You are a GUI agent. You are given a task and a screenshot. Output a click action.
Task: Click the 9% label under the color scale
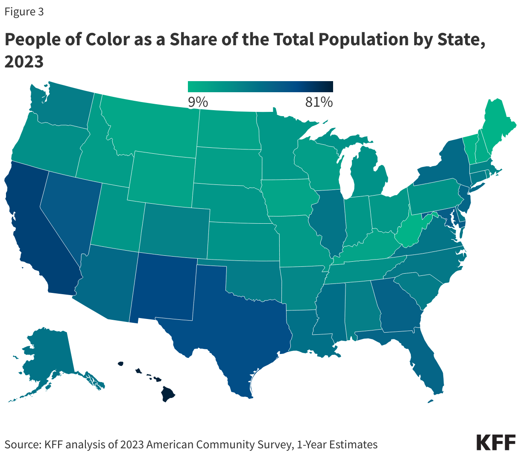198,102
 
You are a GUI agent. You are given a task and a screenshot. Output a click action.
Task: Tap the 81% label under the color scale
319,102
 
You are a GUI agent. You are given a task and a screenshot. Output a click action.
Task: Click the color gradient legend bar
260,87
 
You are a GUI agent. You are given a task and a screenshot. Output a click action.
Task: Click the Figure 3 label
24,12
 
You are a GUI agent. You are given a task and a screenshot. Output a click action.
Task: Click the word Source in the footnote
22,444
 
